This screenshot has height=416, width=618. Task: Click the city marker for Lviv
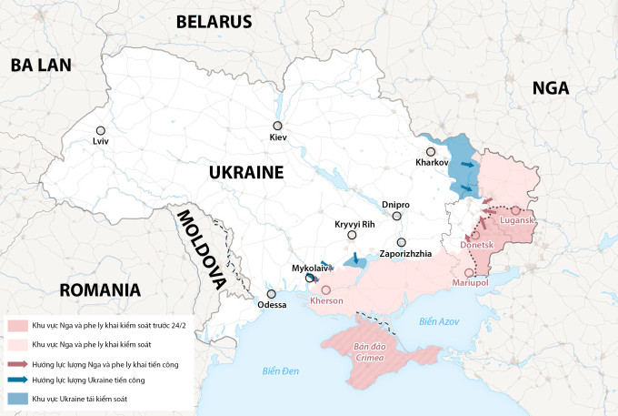tap(100, 130)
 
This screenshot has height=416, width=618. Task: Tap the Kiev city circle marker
tap(277, 127)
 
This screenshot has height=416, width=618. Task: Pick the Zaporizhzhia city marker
tap(401, 242)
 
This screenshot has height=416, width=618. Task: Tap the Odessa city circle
tap(271, 294)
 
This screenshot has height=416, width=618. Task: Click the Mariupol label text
tap(471, 284)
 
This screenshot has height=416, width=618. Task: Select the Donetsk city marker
tap(475, 235)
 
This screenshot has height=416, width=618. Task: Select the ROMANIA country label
tap(100, 290)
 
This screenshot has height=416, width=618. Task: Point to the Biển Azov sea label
tap(440, 321)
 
